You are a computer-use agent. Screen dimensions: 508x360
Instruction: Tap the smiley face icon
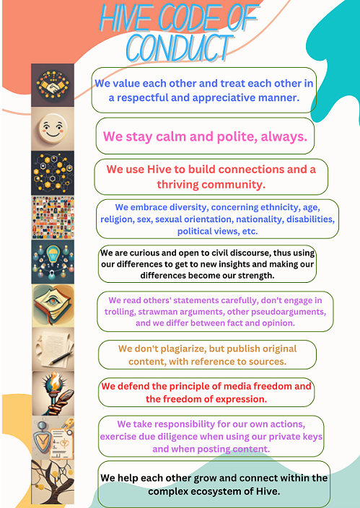coord(52,130)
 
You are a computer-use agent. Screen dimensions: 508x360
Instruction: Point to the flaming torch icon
coord(52,392)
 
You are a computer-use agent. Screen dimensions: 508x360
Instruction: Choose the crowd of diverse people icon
coord(52,217)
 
